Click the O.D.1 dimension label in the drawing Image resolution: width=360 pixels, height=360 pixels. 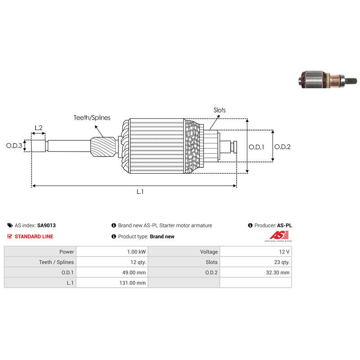[x=256, y=147]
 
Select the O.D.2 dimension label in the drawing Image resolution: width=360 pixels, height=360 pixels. [x=283, y=147]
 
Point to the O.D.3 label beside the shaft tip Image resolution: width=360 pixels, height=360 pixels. [x=14, y=145]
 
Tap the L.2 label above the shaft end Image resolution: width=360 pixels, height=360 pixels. [x=39, y=128]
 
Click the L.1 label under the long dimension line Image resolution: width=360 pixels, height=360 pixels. [x=140, y=192]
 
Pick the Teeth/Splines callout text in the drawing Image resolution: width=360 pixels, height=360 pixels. [x=92, y=118]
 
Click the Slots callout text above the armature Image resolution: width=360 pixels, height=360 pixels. [x=220, y=110]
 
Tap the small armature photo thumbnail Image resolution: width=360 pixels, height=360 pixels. [x=328, y=80]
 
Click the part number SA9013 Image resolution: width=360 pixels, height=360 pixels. [x=46, y=225]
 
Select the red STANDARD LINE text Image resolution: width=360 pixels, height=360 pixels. [x=34, y=237]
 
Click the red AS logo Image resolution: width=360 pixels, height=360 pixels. [x=279, y=235]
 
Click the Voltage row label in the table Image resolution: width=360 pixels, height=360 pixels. [x=209, y=252]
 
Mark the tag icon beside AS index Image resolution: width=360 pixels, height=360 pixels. [x=10, y=225]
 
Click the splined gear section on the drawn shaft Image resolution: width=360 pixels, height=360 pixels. [x=103, y=147]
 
